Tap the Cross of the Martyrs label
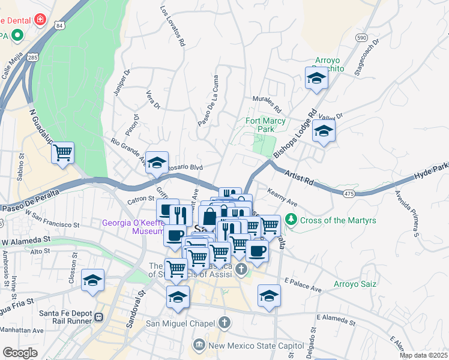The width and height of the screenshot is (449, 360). (x=338, y=220)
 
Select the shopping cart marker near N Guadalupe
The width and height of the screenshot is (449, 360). (x=62, y=154)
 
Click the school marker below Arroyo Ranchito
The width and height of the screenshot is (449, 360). (x=316, y=79)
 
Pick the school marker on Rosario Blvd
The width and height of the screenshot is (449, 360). (x=157, y=163)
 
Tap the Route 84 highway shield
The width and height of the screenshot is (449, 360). (x=58, y=25)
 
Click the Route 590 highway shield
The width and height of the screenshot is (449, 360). (x=361, y=37)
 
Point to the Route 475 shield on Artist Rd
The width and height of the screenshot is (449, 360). (x=349, y=193)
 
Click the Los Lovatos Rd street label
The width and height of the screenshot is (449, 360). (x=172, y=27)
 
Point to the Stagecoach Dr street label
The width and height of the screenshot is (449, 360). (x=367, y=57)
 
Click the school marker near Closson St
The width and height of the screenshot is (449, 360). (x=92, y=281)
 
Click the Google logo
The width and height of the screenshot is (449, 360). (x=20, y=352)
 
